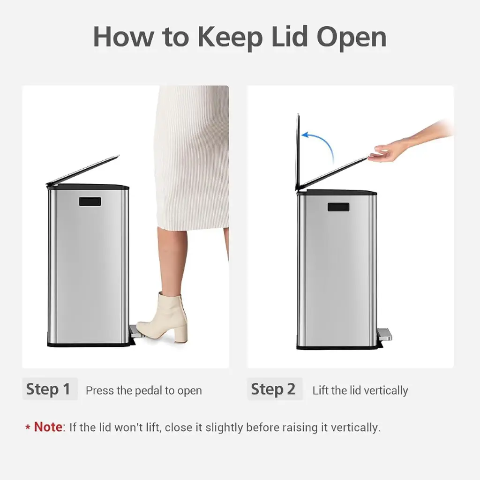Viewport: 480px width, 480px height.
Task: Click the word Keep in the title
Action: pyautogui.click(x=230, y=37)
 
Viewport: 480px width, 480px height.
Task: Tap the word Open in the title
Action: pyautogui.click(x=352, y=37)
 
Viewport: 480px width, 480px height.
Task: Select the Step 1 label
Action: pyautogui.click(x=48, y=389)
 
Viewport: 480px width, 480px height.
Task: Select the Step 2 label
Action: pyautogui.click(x=273, y=389)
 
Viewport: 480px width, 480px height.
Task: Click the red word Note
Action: pyautogui.click(x=48, y=427)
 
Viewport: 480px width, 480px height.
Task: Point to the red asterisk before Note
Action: pyautogui.click(x=28, y=427)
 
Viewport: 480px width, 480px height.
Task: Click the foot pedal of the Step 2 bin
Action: pyautogui.click(x=384, y=334)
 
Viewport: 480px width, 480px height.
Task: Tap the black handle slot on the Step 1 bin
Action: pyautogui.click(x=90, y=202)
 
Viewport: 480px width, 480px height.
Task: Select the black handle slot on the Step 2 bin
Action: pyautogui.click(x=338, y=207)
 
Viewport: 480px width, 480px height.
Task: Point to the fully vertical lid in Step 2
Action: pyautogui.click(x=298, y=152)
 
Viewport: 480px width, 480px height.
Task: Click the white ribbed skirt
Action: pyautogui.click(x=192, y=157)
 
